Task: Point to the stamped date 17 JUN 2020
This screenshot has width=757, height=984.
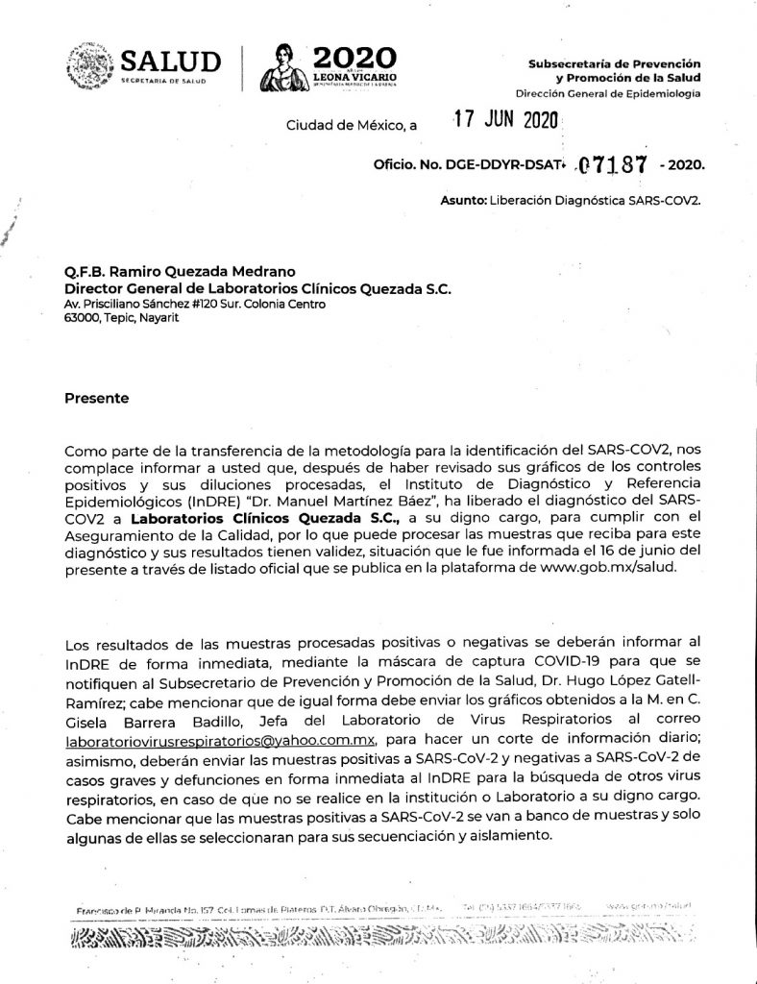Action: [506, 122]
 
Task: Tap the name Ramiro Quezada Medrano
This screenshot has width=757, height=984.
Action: [197, 272]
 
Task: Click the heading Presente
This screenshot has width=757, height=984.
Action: [95, 397]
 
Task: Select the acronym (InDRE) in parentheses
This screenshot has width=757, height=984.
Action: [183, 501]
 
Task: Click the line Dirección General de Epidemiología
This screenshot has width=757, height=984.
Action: [608, 94]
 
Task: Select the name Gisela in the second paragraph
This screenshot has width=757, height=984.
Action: [87, 721]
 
